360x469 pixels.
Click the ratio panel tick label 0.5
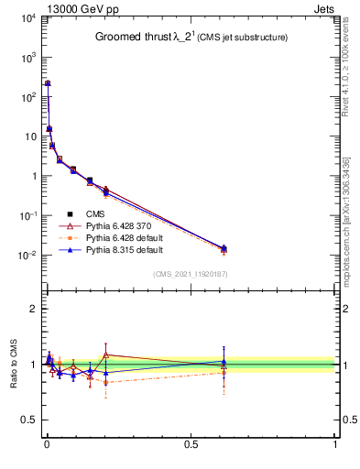coord(27,420)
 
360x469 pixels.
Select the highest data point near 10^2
coord(48,83)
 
